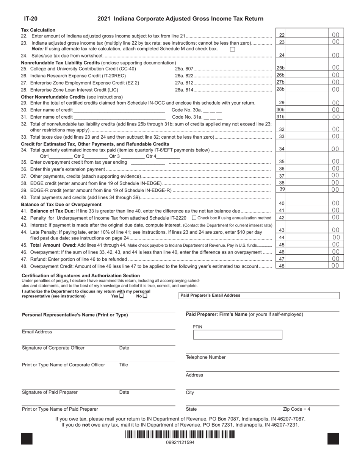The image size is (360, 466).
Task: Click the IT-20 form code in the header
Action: click(x=31, y=19)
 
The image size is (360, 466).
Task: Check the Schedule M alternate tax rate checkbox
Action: click(x=233, y=49)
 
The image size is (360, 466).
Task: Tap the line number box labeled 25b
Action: click(x=280, y=68)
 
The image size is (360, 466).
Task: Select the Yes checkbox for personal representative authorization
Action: click(x=121, y=296)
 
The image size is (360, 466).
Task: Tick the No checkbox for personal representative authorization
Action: click(x=145, y=296)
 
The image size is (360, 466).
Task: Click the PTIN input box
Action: click(x=238, y=335)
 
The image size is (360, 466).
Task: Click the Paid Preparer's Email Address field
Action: click(x=259, y=296)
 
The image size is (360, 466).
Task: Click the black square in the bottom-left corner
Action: click(x=27, y=438)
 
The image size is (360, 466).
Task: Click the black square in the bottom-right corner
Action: click(x=333, y=438)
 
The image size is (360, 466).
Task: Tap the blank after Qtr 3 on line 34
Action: click(x=133, y=156)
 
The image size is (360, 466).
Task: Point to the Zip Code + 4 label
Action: click(x=296, y=409)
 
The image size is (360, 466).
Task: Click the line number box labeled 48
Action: click(x=282, y=266)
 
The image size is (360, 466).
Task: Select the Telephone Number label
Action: click(x=205, y=357)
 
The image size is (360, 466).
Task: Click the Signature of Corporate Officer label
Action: click(x=53, y=348)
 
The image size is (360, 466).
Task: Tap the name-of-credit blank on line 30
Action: click(x=119, y=110)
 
